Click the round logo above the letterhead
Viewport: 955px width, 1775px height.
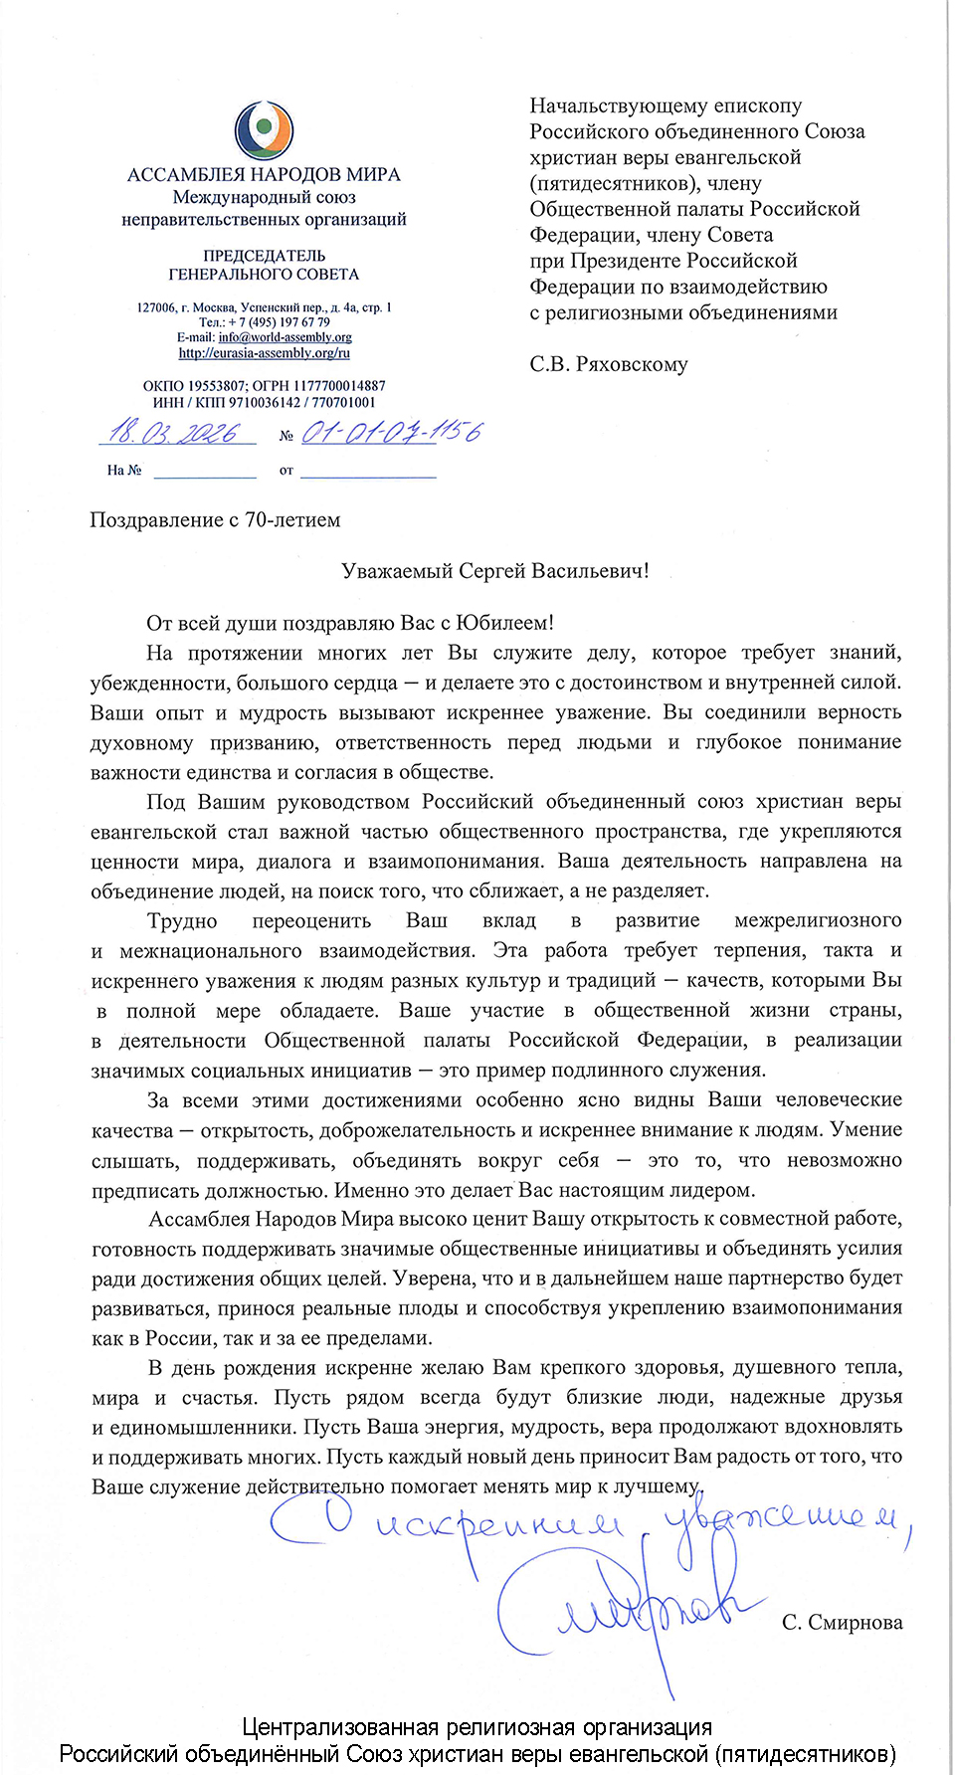pos(264,131)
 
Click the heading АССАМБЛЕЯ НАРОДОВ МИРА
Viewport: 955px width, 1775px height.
pos(264,175)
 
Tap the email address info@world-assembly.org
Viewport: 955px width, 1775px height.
pos(285,337)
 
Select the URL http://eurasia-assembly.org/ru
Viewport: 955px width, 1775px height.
pos(264,352)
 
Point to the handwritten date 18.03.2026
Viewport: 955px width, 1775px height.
pos(175,433)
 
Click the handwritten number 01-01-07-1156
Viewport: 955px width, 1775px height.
pos(391,432)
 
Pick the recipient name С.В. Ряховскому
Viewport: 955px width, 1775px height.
pos(608,364)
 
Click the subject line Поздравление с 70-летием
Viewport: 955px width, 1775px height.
pos(215,520)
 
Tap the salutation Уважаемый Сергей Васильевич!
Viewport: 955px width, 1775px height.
pos(494,571)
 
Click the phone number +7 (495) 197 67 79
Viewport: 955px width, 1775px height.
pos(279,322)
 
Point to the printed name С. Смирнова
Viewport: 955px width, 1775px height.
pos(842,1623)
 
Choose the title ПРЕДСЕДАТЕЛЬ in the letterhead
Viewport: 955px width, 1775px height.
pos(264,256)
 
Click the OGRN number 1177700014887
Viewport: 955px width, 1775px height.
pos(336,386)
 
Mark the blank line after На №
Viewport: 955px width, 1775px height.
pos(205,471)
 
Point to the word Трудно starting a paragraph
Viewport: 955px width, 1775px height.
pos(182,921)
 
